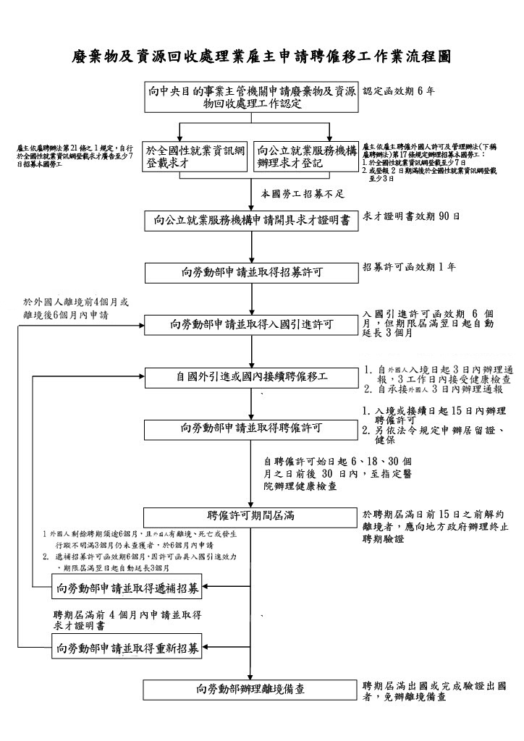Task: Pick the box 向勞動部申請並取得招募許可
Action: [x=251, y=274]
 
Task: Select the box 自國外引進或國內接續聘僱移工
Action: [x=251, y=377]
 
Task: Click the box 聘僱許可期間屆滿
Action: [x=251, y=517]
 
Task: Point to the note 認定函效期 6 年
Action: [x=399, y=91]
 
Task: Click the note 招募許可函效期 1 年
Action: [x=409, y=268]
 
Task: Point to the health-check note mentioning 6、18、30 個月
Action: [x=338, y=473]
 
